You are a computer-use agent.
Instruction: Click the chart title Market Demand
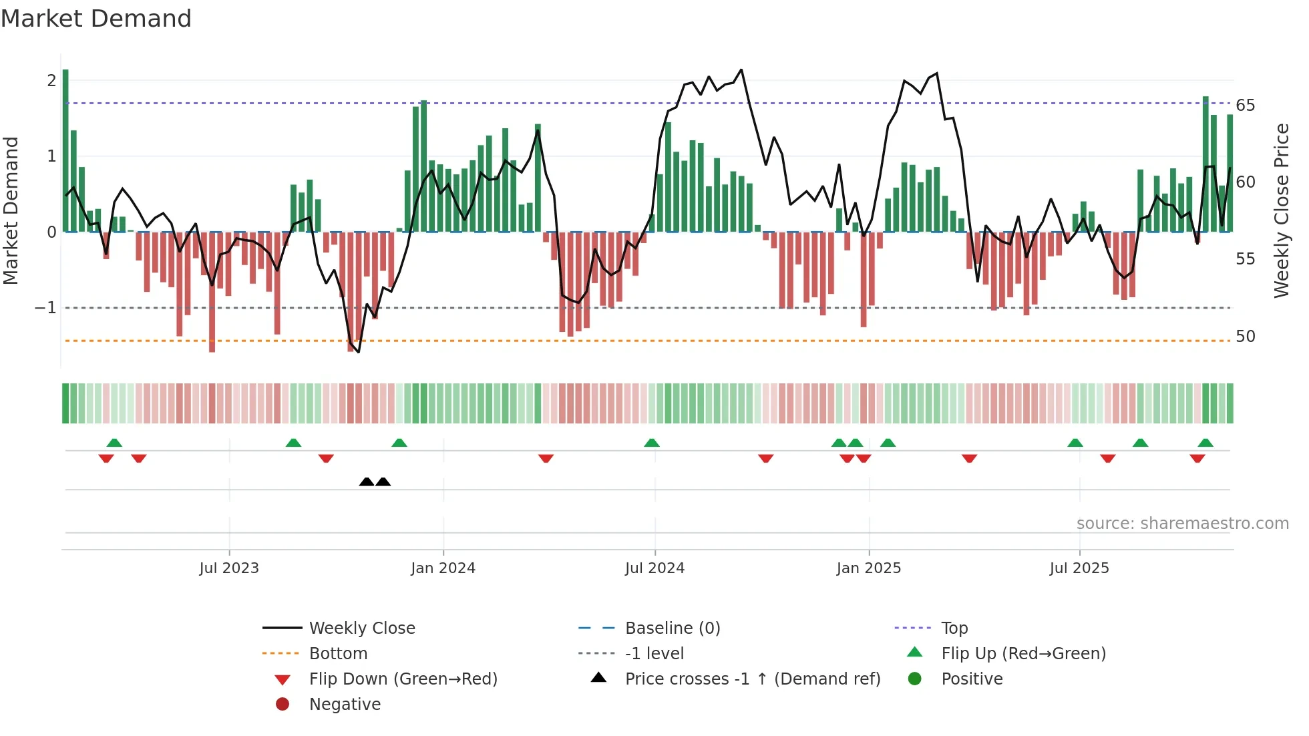[x=96, y=19]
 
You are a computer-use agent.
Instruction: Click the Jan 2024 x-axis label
[x=443, y=568]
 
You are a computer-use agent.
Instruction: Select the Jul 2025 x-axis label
[x=1079, y=568]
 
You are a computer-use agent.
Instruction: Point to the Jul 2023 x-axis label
[x=228, y=568]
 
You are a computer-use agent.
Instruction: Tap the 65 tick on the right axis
[x=1245, y=106]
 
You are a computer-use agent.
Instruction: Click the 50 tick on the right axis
[x=1245, y=337]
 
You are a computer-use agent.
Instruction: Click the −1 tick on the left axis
[x=45, y=308]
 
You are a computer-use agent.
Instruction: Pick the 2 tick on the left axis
[x=51, y=81]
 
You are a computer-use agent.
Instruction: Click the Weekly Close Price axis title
[x=1281, y=210]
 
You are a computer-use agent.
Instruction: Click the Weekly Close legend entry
[x=361, y=628]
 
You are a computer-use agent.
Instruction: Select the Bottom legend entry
[x=338, y=654]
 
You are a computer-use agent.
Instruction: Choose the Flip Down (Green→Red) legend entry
[x=403, y=679]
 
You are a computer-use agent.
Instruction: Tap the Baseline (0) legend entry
[x=672, y=628]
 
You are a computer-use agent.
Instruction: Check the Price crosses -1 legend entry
[x=752, y=679]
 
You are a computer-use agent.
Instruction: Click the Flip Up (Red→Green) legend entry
[x=1023, y=654]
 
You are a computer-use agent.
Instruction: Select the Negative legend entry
[x=345, y=705]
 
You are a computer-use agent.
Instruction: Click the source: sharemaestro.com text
[x=1182, y=524]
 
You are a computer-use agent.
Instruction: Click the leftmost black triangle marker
[x=367, y=482]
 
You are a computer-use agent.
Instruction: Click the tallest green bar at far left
[x=65, y=150]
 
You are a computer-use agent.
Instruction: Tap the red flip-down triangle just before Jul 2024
[x=546, y=458]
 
